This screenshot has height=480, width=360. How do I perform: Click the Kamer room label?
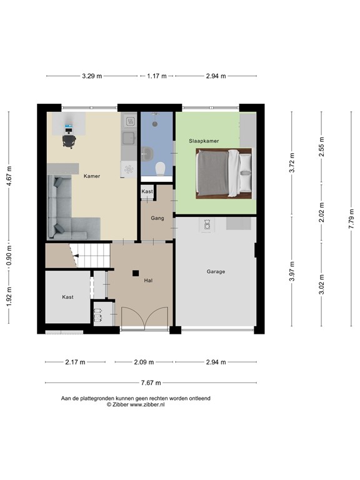point(92,176)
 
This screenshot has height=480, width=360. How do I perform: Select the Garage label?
point(216,272)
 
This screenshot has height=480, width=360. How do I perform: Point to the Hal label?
point(148,281)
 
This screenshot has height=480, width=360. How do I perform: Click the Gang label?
point(157,219)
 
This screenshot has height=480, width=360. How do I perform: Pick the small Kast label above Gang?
point(147,191)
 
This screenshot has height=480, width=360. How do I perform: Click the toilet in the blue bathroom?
point(161,167)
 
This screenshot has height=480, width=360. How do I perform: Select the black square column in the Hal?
point(135,272)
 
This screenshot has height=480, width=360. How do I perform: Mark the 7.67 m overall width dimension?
point(150,382)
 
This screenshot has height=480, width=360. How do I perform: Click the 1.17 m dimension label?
point(156,76)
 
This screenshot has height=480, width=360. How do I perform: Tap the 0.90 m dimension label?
point(9,255)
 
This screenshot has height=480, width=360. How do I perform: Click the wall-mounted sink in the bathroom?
point(146,151)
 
